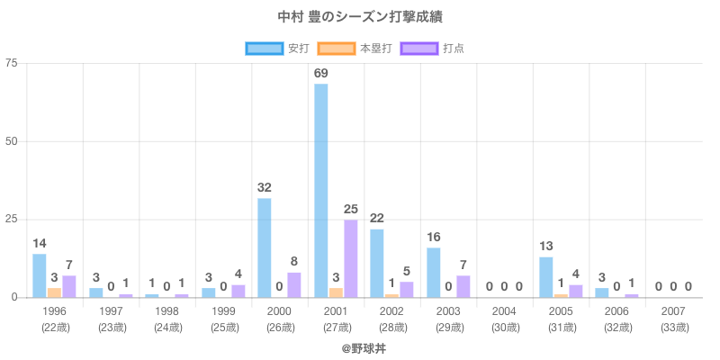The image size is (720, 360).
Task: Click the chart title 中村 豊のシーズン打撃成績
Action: (360, 17)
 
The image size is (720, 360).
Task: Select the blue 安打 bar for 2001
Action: (321, 190)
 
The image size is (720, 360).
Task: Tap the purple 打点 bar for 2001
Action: (350, 258)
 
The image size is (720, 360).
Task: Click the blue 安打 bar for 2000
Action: (265, 247)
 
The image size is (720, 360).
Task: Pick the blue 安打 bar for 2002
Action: (377, 263)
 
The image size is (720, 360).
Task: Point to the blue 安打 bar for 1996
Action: (40, 275)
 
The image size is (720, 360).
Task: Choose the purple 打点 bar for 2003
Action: (463, 286)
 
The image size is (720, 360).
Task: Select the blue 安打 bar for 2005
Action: (546, 277)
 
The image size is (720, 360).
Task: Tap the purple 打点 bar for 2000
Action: (294, 284)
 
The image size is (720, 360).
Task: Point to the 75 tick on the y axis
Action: (12, 63)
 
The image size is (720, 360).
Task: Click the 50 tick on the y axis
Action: (12, 141)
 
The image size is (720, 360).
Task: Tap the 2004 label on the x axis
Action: (505, 310)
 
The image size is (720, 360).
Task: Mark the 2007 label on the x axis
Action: (674, 310)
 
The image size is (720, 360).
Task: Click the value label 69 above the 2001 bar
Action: (321, 73)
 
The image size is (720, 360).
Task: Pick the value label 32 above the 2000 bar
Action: (265, 187)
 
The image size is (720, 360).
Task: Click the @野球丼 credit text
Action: (360, 346)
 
